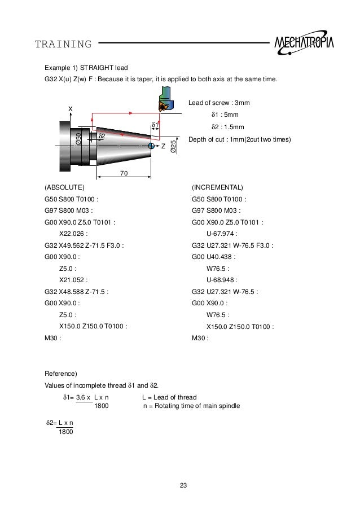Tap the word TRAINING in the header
[63, 44]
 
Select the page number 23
[183, 485]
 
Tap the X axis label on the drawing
[71, 108]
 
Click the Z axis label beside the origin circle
[163, 146]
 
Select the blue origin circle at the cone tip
[151, 146]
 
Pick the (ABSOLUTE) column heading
[64, 187]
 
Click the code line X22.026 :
[74, 233]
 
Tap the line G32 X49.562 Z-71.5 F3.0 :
[84, 245]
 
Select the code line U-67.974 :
[222, 233]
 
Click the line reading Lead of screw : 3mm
[219, 103]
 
